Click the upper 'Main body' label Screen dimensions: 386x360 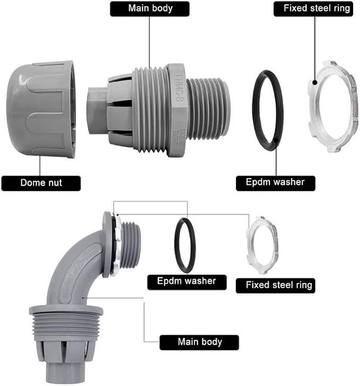tap(150, 8)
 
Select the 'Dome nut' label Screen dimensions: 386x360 tap(41, 183)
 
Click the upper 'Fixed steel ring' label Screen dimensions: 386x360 tap(313, 8)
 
